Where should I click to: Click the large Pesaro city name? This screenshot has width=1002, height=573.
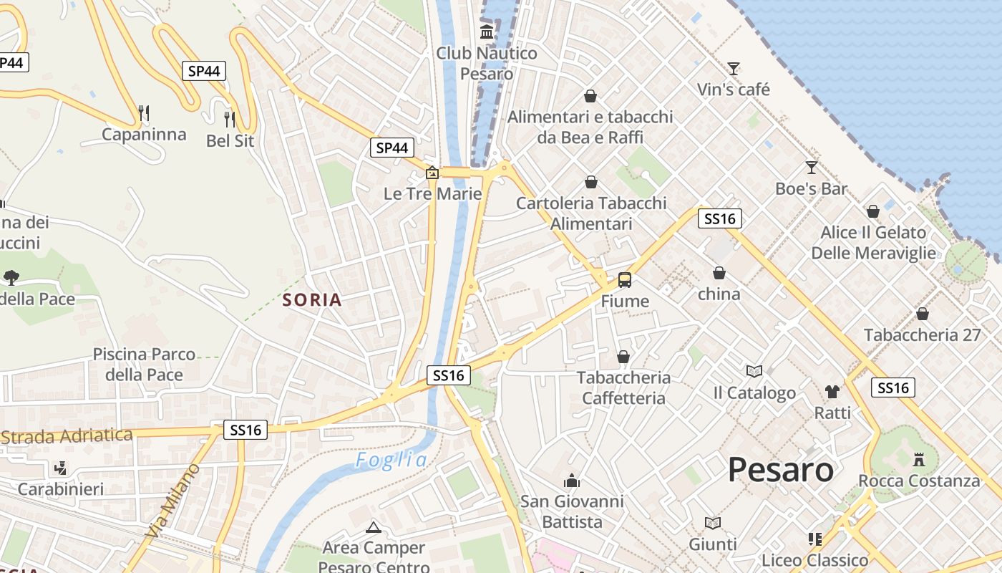[780, 470]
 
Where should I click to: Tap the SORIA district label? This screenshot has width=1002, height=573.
[312, 299]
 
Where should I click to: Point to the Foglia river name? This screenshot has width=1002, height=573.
[391, 460]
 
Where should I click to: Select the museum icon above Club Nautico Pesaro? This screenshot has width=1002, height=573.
[487, 32]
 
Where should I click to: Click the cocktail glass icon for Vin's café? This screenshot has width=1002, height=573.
[734, 69]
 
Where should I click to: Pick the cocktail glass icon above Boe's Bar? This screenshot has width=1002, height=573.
[811, 168]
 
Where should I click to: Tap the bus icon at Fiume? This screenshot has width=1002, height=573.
[625, 279]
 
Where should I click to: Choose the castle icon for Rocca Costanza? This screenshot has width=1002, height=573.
[919, 459]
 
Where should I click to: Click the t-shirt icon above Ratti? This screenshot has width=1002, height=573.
[832, 391]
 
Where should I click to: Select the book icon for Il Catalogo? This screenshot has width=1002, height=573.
[754, 371]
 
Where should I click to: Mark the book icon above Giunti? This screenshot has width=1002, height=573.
[713, 523]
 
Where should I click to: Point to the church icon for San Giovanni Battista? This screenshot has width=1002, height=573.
[572, 480]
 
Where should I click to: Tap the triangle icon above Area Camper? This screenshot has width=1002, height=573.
[373, 528]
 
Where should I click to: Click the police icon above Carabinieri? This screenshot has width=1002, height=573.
[61, 468]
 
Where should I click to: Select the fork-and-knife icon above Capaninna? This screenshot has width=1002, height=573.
[144, 112]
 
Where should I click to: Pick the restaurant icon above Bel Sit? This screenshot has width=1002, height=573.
[230, 119]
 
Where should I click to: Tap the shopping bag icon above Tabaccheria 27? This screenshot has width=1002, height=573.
[923, 314]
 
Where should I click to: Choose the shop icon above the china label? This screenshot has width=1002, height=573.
[719, 273]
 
